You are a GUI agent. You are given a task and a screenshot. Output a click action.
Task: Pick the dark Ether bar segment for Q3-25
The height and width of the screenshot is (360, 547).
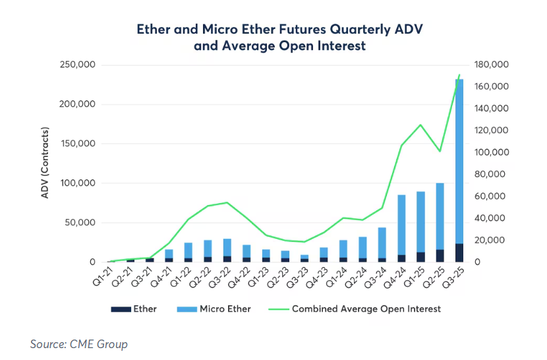[459, 253]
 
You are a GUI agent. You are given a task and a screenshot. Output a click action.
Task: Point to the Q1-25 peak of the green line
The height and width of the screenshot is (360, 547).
[420, 125]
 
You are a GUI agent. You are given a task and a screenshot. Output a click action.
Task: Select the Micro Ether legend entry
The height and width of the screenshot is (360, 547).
[216, 309]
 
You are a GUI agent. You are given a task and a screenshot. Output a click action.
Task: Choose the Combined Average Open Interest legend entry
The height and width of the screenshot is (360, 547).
[356, 309]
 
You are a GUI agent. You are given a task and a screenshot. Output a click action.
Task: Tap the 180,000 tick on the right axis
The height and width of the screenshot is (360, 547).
[490, 65]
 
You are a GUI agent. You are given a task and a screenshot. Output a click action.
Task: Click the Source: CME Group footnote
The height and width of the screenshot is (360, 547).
[79, 344]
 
